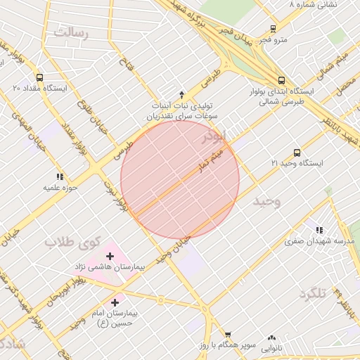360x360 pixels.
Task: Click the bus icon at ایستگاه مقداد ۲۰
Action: coord(39,78)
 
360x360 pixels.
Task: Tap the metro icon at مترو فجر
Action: coord(273,30)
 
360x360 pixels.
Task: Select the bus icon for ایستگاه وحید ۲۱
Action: coord(296,153)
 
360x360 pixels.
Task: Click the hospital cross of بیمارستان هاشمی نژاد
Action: coord(109,257)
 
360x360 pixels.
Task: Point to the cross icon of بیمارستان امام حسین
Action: coord(114,302)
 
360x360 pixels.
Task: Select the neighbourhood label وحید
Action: coord(267,202)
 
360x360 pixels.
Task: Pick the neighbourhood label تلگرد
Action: coord(313,293)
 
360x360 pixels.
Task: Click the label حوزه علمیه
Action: coord(60,188)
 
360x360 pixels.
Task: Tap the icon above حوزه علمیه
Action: coord(60,176)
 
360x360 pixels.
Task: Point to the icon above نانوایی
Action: coord(272,337)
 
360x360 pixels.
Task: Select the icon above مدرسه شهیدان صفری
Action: coord(319,230)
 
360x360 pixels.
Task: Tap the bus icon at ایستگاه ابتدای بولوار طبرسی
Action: coord(281,80)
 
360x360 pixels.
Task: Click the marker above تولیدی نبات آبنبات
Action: coord(182,94)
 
